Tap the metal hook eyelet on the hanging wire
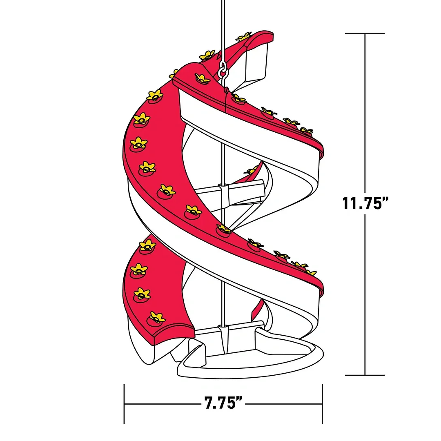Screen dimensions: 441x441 tap(223, 70)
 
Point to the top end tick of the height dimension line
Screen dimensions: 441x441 tap(365, 33)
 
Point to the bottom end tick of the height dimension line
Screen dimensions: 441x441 tap(365, 375)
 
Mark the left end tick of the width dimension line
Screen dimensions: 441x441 tap(124, 404)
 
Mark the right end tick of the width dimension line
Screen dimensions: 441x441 tap(322, 404)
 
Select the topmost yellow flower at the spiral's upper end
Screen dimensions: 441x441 tap(245, 37)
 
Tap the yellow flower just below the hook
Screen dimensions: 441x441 tap(238, 98)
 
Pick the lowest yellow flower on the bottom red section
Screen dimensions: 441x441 tap(157, 317)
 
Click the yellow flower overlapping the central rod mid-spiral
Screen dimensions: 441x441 tap(224, 229)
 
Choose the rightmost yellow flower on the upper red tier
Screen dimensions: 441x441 tap(306, 131)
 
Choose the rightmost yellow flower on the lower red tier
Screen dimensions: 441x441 tap(310, 272)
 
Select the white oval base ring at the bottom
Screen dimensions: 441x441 tap(253, 363)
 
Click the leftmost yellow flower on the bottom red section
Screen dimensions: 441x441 tap(139, 269)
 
